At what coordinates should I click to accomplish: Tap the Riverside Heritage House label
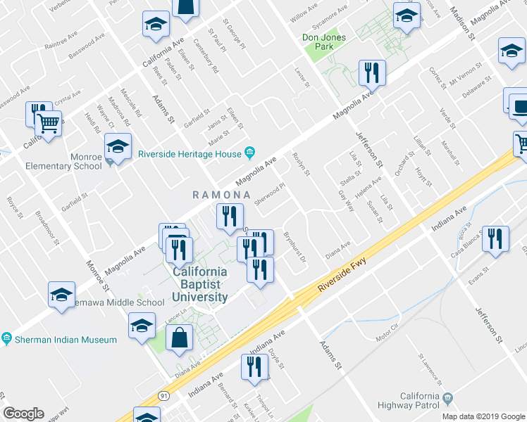(x=190, y=154)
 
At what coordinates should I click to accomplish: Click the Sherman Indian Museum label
(x=65, y=340)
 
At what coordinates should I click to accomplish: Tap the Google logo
(x=23, y=414)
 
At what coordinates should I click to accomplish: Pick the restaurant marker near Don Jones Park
(x=371, y=73)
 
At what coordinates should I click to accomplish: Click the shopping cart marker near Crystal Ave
(x=49, y=124)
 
